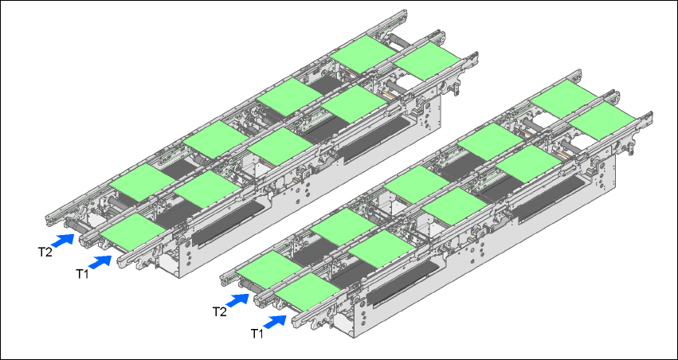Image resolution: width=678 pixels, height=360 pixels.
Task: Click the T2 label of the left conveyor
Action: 45,252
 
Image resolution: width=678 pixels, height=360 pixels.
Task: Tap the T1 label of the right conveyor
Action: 257,333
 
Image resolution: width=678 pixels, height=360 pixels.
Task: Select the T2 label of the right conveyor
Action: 220,311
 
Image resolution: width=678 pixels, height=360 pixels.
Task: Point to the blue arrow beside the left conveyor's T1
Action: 100,262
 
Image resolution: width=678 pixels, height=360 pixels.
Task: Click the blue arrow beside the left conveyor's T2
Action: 62,240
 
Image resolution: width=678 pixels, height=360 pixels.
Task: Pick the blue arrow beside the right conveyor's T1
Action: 275,322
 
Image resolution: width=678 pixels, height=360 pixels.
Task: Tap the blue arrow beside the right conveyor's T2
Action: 237,300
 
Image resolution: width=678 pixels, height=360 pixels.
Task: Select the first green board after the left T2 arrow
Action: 142,182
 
